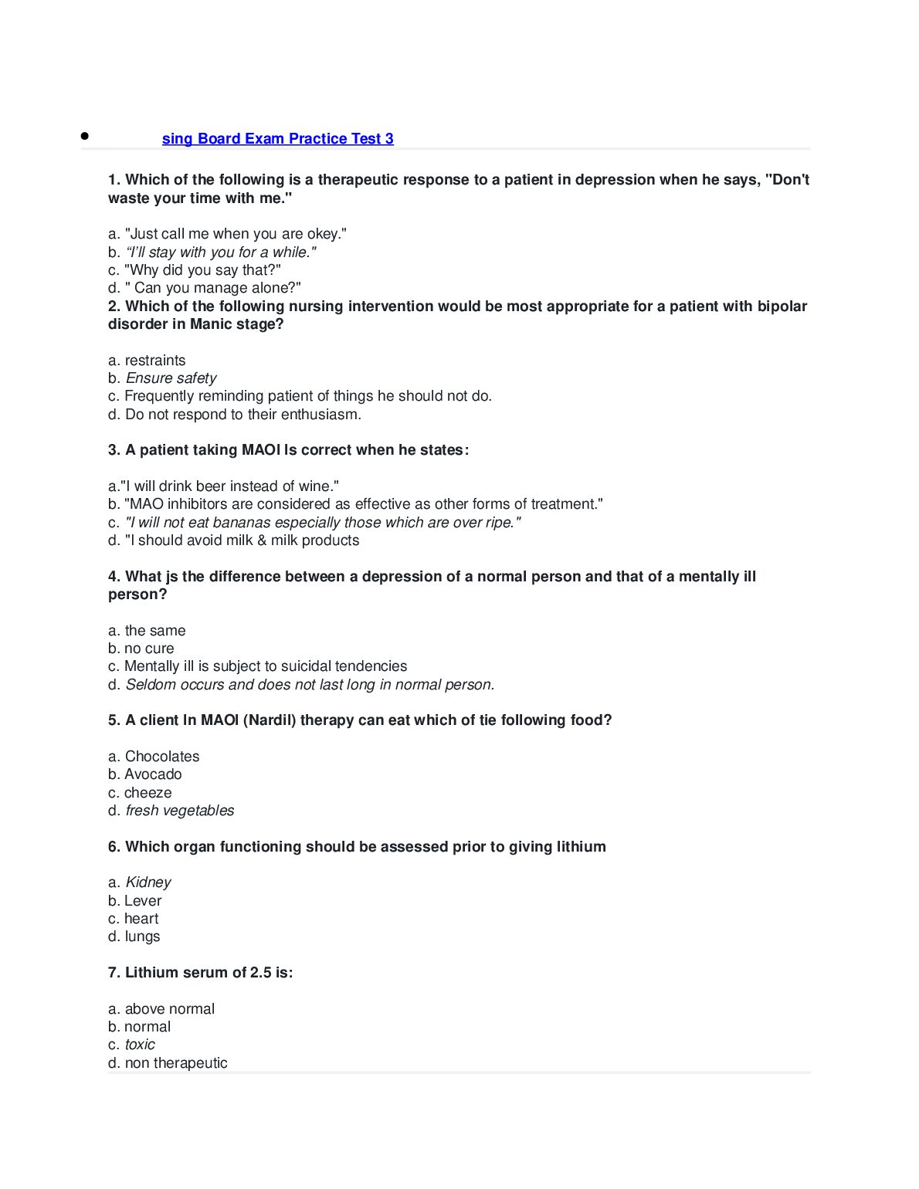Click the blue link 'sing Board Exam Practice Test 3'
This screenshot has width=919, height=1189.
point(277,139)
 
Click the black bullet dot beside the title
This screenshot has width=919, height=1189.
point(85,136)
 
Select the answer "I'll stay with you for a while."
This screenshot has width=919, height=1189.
point(220,252)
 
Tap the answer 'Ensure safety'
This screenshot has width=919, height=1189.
point(171,378)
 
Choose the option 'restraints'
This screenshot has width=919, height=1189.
point(154,361)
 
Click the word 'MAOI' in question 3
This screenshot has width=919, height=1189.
point(261,450)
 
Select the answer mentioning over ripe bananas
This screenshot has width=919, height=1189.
point(323,523)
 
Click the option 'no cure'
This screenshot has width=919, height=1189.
point(148,649)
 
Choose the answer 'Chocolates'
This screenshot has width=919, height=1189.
point(161,757)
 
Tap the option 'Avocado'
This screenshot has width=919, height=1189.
point(153,774)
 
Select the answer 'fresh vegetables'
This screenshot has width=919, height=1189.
point(179,811)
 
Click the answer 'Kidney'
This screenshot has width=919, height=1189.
point(148,882)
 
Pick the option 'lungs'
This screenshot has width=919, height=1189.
point(142,937)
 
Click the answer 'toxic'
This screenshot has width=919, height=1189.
point(140,1045)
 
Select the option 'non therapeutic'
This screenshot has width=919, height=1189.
point(175,1063)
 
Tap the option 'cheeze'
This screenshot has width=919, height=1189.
point(148,793)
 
